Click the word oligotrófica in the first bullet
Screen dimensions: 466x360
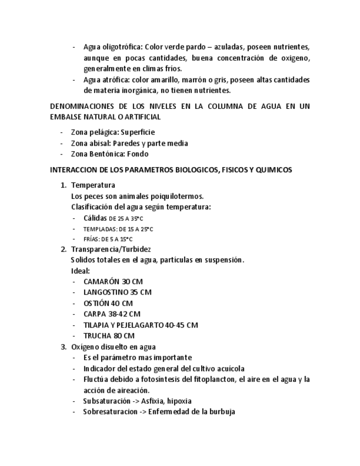123,47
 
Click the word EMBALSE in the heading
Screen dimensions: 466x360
67,117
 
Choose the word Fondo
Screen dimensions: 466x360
138,154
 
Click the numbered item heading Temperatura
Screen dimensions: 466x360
93,185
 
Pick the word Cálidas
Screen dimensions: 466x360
95,218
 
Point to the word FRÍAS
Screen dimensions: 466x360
91,240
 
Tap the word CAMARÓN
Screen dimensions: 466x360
102,281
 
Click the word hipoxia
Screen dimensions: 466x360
178,401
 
